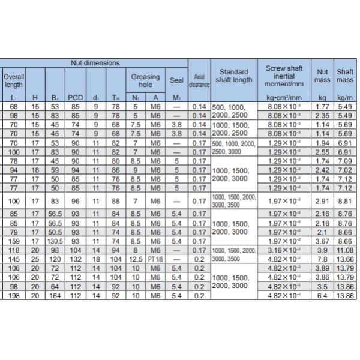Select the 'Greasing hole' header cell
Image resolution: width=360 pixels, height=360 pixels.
(145, 80)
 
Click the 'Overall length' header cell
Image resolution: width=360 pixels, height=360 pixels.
(13, 80)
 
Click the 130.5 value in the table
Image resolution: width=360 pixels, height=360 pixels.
(55, 242)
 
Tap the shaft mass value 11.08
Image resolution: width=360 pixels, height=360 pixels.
(344, 250)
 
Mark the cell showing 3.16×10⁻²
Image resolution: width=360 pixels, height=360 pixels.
(283, 250)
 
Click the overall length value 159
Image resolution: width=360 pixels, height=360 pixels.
(13, 242)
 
